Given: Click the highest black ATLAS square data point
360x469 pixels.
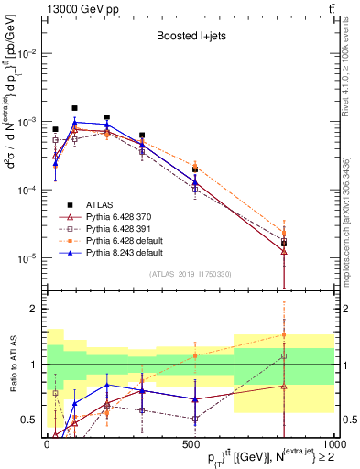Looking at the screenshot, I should (x=75, y=107).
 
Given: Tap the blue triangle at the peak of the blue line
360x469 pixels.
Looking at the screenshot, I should (x=75, y=122).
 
